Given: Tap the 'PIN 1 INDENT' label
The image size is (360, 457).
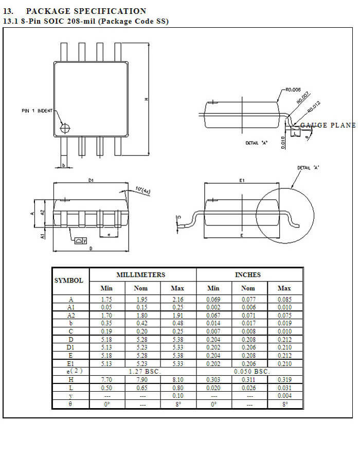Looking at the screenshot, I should pos(37,111).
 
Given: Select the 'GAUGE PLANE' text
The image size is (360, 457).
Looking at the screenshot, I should pos(328,126).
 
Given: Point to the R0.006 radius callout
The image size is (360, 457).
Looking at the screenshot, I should pos(293,90).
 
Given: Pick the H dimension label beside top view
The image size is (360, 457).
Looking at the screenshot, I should pos(147,99).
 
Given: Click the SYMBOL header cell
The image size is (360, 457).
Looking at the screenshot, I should pos(69,280).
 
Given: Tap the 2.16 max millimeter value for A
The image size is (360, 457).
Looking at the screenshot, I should pos(177,299).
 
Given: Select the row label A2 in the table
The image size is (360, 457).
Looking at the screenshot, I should pos(71,315).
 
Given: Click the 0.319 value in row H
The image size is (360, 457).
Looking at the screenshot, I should pos(284,379).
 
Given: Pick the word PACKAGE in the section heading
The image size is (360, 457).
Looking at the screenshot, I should pos(49,11).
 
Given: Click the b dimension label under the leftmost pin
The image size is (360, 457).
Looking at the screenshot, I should pos(63,165).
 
